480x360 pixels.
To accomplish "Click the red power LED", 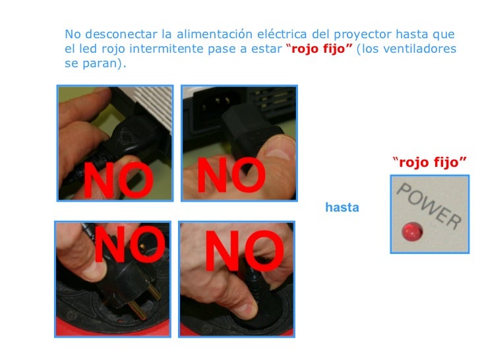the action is click(412, 231).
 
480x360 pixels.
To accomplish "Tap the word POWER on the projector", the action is click(429, 206).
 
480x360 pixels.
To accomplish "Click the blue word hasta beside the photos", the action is click(342, 207).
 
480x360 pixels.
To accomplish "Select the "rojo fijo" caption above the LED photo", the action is click(429, 162).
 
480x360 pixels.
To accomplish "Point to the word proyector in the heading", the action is click(363, 34).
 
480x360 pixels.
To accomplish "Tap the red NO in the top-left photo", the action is click(119, 180).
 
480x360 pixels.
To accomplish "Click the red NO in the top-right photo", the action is click(231, 175).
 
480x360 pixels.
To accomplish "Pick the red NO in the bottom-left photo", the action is click(130, 244).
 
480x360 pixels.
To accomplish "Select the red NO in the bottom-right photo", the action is click(244, 251).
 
